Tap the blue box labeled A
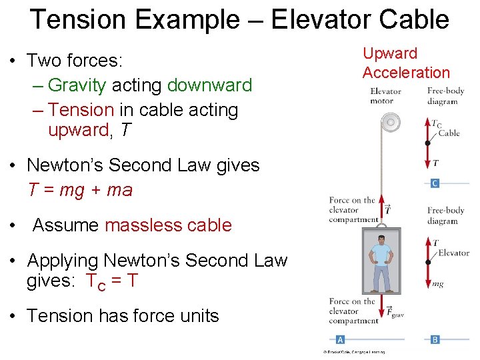[x=340, y=339]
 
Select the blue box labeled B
[x=435, y=339]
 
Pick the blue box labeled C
[x=435, y=183]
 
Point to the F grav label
[x=395, y=311]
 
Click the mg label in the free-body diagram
[x=437, y=284]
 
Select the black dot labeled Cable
[x=427, y=143]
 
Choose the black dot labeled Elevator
[x=427, y=262]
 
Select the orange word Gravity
[x=77, y=85]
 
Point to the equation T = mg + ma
[x=81, y=190]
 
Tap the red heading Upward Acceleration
[x=406, y=63]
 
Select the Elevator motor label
[x=385, y=96]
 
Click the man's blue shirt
[x=382, y=257]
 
